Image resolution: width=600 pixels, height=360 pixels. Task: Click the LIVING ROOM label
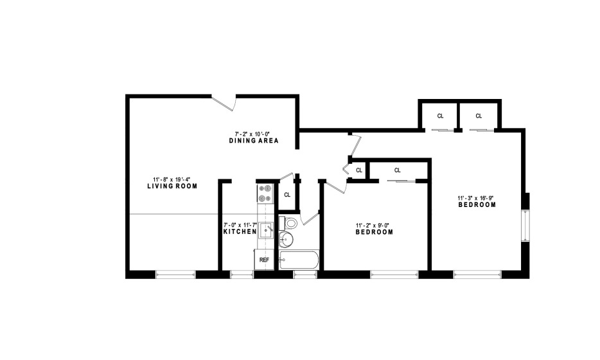(x=172, y=186)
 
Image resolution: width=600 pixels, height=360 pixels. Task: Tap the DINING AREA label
(x=254, y=141)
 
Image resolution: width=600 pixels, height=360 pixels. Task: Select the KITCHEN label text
(x=240, y=231)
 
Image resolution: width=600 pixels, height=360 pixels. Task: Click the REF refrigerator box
(x=264, y=260)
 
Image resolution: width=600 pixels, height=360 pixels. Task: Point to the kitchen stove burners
(x=265, y=193)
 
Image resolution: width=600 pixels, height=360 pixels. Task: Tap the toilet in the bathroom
(x=288, y=222)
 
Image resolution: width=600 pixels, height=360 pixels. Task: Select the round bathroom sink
(x=286, y=239)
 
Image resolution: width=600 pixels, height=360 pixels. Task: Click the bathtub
(x=299, y=260)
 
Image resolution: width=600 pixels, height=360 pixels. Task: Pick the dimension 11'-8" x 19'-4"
(x=172, y=179)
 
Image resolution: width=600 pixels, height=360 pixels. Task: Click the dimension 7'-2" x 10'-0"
(x=252, y=134)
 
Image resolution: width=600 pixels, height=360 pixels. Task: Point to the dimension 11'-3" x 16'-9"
(x=475, y=198)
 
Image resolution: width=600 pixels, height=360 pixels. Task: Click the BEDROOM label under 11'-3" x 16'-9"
(x=477, y=205)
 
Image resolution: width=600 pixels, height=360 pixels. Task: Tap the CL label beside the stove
(x=287, y=195)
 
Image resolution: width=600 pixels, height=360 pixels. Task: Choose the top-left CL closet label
(x=440, y=116)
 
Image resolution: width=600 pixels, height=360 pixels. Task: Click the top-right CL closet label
(x=479, y=116)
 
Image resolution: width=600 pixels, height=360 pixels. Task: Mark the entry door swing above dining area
(x=224, y=103)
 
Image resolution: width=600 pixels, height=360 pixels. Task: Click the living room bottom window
(x=175, y=274)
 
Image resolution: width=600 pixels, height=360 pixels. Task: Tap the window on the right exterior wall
(x=527, y=226)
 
